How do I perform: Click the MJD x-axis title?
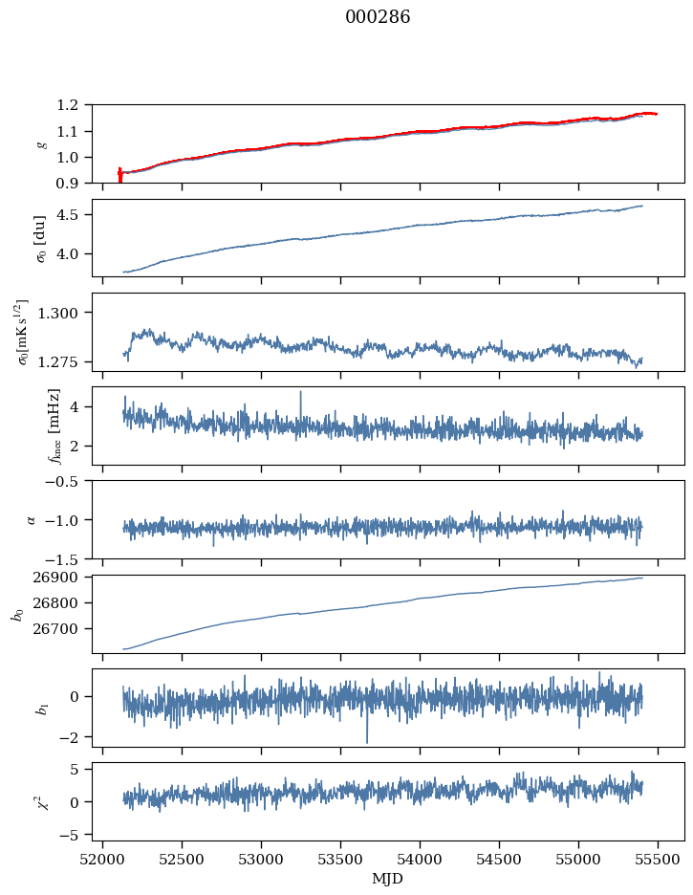click(388, 879)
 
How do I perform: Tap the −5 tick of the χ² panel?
click(72, 835)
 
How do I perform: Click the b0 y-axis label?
click(16, 613)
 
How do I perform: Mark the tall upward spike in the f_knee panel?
click(301, 392)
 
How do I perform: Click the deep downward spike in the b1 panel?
click(366, 741)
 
